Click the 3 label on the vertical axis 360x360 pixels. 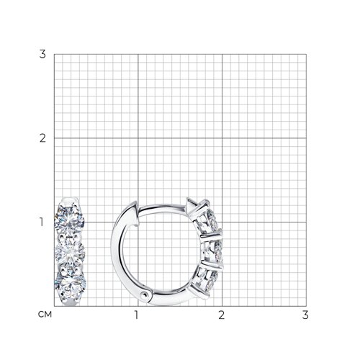coord(42,54)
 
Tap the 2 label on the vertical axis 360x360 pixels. coord(42,138)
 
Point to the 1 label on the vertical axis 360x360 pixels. coord(42,222)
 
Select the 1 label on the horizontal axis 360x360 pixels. coord(137,315)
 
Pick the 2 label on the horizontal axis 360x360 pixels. coord(222,315)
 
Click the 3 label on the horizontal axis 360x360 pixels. coord(305,315)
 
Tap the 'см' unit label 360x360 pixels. coord(45,315)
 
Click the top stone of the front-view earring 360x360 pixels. coord(69,220)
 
